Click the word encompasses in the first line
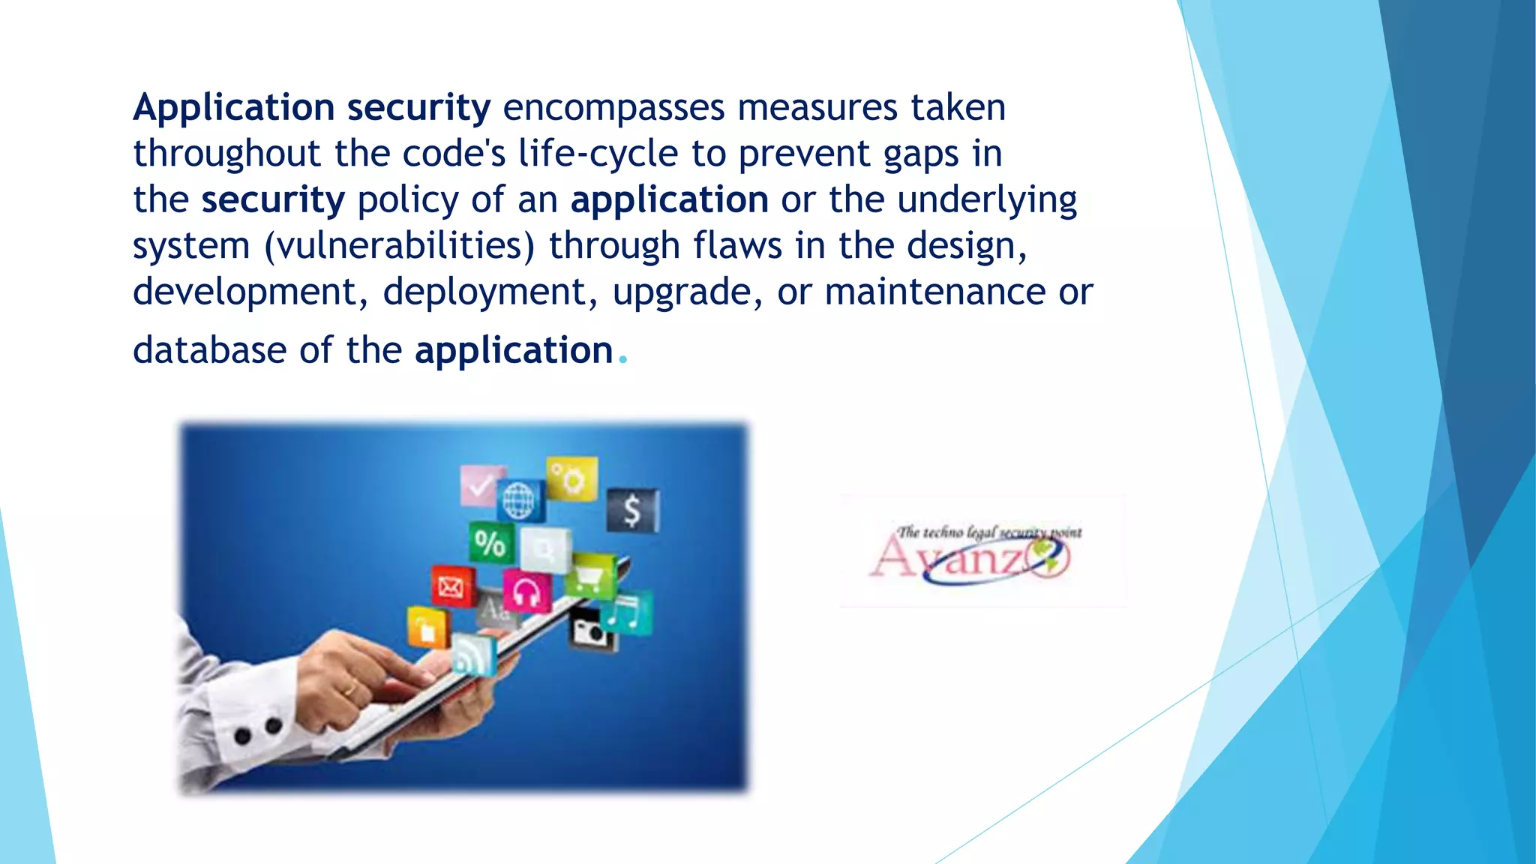point(613,108)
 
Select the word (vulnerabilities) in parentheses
point(400,247)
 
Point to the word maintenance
point(934,292)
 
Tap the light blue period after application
point(622,361)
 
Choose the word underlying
point(986,201)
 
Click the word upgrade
point(681,292)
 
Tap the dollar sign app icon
point(632,511)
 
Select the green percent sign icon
point(490,543)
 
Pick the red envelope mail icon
point(451,586)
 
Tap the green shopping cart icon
point(590,576)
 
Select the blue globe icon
point(519,500)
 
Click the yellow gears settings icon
point(572,478)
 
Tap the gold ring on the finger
point(350,688)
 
